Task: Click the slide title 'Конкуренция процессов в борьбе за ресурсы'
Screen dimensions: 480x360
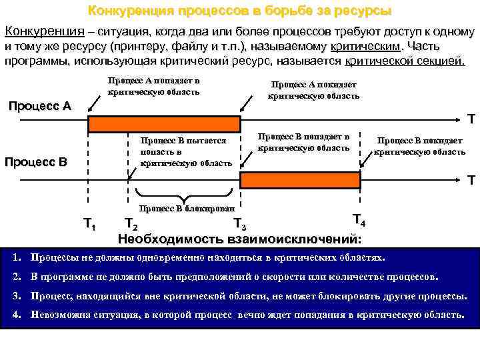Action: [x=240, y=11]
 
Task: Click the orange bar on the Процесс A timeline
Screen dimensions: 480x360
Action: [x=164, y=123]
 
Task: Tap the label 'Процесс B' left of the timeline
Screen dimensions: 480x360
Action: [x=36, y=162]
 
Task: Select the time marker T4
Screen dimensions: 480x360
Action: [x=357, y=219]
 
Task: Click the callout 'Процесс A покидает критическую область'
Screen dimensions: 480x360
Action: [x=313, y=90]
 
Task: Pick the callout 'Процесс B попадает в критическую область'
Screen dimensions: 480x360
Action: [x=303, y=142]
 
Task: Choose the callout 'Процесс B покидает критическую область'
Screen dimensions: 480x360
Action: [x=419, y=146]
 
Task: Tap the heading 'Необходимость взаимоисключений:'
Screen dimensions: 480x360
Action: [x=240, y=239]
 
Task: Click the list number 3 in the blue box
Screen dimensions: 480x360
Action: [x=16, y=295]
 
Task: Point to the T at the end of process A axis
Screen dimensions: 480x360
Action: [x=471, y=120]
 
